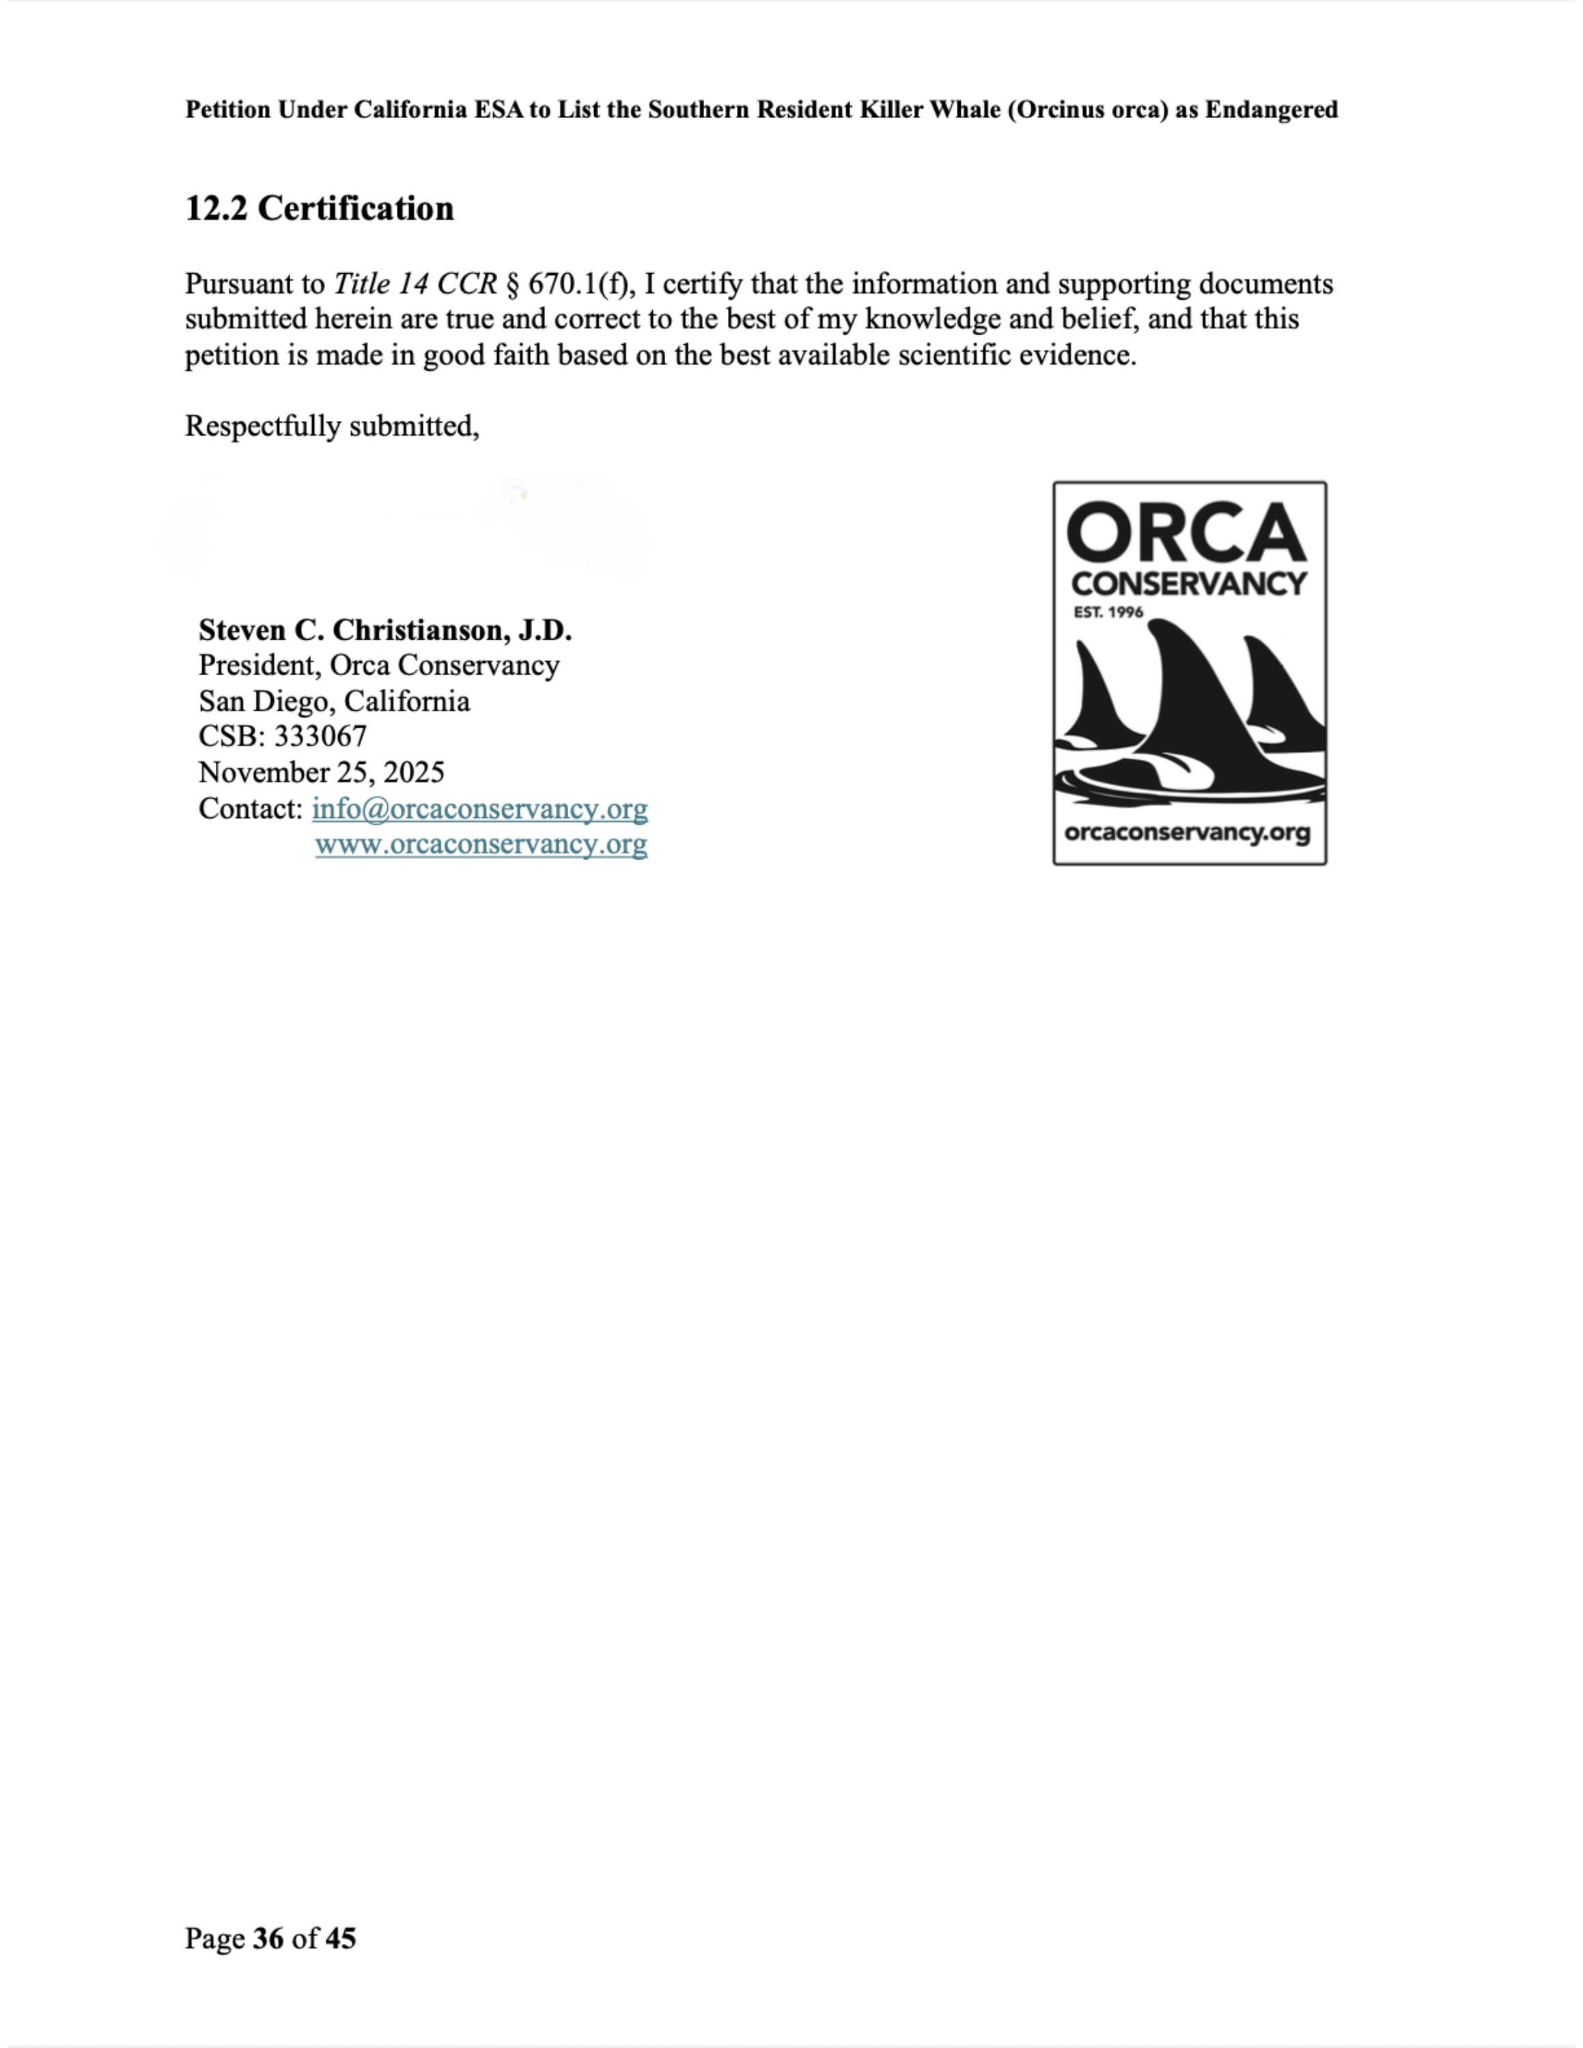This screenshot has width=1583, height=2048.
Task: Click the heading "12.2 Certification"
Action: click(x=319, y=208)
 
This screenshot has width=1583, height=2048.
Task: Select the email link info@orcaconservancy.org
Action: click(x=479, y=808)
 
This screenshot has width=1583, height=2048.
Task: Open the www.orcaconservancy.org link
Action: click(x=480, y=844)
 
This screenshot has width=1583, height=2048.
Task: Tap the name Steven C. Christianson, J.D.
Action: click(x=384, y=629)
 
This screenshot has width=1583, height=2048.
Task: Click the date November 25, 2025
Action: click(x=321, y=771)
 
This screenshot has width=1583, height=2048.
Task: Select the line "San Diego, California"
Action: click(x=334, y=700)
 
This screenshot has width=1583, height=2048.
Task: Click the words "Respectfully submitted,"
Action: click(x=332, y=426)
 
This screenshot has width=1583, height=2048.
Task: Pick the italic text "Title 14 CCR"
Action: click(x=415, y=283)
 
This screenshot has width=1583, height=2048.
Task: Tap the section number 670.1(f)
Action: click(x=578, y=283)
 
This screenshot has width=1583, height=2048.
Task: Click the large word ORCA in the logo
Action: click(x=1187, y=532)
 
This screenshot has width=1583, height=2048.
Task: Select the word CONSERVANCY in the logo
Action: click(x=1188, y=583)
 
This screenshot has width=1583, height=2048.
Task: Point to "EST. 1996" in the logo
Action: click(x=1108, y=612)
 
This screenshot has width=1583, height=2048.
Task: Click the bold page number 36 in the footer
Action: click(x=268, y=1938)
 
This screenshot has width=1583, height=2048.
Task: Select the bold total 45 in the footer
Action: click(x=340, y=1938)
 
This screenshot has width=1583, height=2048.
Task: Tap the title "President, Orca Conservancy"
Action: click(x=379, y=665)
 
